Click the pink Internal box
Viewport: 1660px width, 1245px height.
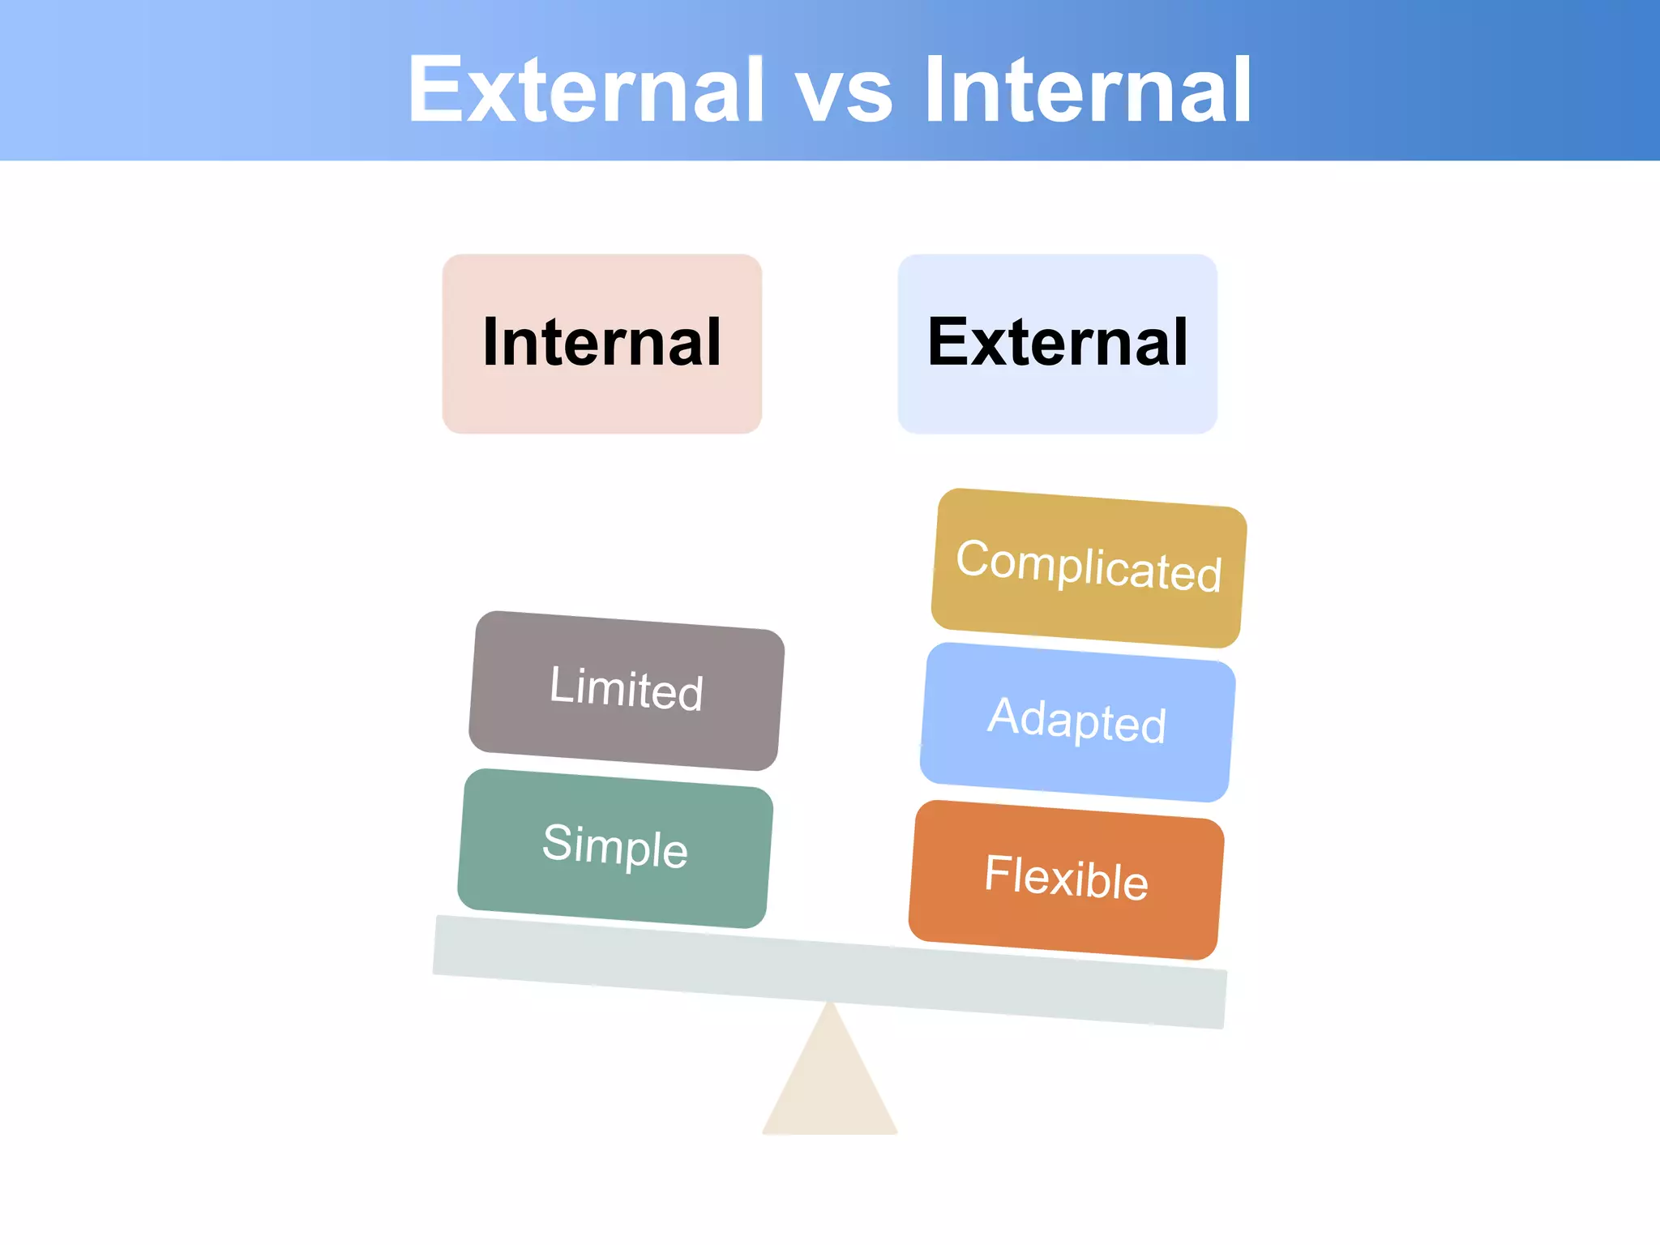[601, 344]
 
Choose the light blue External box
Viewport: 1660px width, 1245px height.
[1057, 344]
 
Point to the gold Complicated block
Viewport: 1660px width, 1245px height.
[1089, 567]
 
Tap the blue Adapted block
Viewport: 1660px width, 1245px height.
[1077, 721]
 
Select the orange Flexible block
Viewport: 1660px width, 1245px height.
[1066, 879]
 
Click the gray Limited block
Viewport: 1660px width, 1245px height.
[626, 691]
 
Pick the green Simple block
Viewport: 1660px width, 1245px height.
[614, 848]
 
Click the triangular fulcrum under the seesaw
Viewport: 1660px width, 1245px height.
[830, 1086]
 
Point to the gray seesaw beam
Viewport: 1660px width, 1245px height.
[829, 972]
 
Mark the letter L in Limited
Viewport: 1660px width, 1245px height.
[560, 683]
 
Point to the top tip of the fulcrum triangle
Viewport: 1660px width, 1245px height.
[829, 1005]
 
